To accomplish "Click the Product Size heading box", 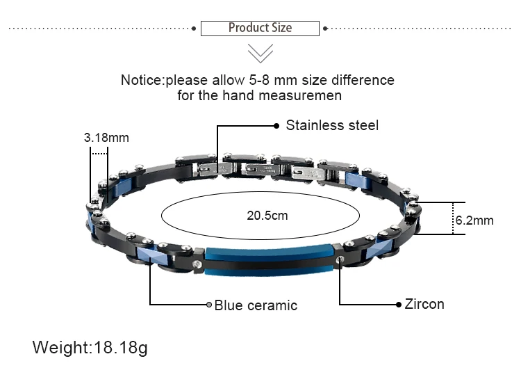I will coord(260,28).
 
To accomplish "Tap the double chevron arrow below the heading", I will coord(260,53).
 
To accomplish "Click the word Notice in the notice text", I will coord(142,80).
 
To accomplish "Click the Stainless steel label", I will coord(332,125).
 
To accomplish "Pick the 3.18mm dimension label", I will coord(106,137).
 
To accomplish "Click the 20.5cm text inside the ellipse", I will coord(267,216).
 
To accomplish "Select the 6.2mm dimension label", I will coord(474,220).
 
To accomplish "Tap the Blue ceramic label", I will coord(256,305).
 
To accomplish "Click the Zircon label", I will coord(424,304).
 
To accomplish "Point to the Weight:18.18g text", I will coord(90,347).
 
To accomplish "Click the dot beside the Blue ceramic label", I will coord(208,305).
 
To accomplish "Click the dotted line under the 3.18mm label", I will coord(99,153).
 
